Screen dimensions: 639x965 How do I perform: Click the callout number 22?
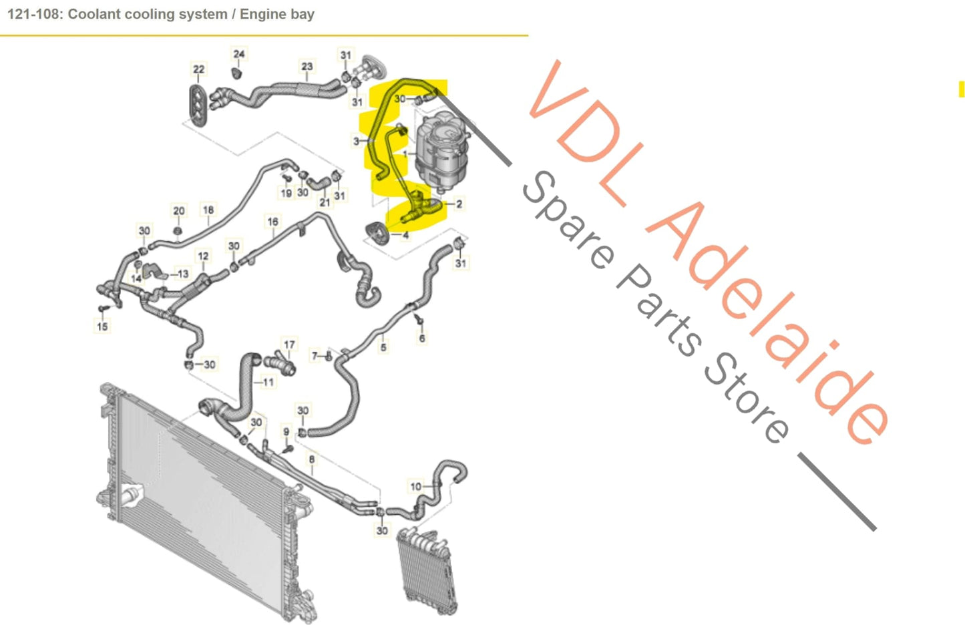pyautogui.click(x=198, y=69)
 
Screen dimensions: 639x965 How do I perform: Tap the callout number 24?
pyautogui.click(x=239, y=54)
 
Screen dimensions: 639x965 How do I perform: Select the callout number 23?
pyautogui.click(x=307, y=66)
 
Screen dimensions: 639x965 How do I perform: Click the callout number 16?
pyautogui.click(x=272, y=222)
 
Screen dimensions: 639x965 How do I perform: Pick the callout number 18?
pyautogui.click(x=208, y=210)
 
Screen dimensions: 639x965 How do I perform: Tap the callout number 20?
pyautogui.click(x=179, y=211)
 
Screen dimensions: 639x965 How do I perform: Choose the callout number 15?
pyautogui.click(x=102, y=327)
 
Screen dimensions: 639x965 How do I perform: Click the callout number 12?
pyautogui.click(x=203, y=256)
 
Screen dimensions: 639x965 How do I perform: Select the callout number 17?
pyautogui.click(x=289, y=345)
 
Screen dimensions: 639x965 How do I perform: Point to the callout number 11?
pyautogui.click(x=268, y=383)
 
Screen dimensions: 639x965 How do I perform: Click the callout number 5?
pyautogui.click(x=383, y=347)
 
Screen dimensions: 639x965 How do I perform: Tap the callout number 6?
pyautogui.click(x=422, y=338)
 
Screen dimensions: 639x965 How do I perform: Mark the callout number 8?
pyautogui.click(x=311, y=459)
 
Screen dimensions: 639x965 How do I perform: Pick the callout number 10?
pyautogui.click(x=416, y=486)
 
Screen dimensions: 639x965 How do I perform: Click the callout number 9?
pyautogui.click(x=286, y=431)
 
